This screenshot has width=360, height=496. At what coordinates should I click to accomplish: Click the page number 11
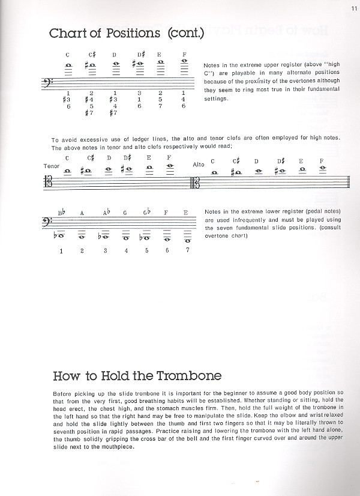(353, 8)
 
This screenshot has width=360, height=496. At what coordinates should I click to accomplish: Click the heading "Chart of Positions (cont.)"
(127, 33)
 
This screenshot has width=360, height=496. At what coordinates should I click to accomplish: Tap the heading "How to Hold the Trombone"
(137, 377)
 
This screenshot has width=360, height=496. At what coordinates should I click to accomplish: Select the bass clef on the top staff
(57, 82)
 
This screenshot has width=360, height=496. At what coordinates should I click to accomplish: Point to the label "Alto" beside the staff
(198, 164)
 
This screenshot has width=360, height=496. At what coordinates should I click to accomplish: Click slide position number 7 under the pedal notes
(187, 250)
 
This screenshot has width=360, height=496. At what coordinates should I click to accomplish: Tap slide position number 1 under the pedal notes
(61, 250)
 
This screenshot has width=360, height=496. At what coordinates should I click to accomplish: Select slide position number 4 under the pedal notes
(125, 250)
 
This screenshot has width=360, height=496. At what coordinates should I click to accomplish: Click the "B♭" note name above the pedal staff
(61, 213)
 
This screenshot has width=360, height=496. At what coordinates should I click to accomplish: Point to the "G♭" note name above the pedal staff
(146, 213)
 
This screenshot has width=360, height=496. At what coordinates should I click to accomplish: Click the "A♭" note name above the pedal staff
(106, 213)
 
